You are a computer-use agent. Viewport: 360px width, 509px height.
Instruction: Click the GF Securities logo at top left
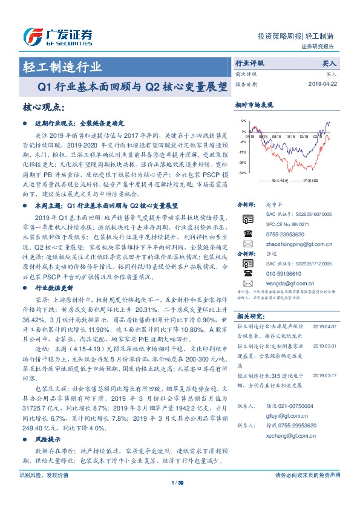[57, 36]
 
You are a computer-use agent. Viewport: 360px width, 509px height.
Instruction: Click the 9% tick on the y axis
[243, 122]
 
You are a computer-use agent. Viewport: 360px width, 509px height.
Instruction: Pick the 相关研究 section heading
[250, 316]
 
